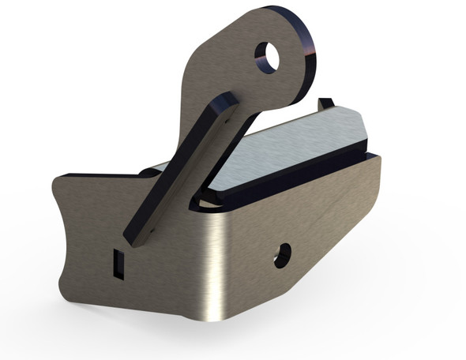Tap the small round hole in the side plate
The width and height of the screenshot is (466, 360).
pyautogui.click(x=281, y=254)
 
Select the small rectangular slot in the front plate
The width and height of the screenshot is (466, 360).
pyautogui.click(x=118, y=262)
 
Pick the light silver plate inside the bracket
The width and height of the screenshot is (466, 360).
pyautogui.click(x=288, y=150)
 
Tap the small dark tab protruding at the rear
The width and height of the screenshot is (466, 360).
pyautogui.click(x=325, y=104)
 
